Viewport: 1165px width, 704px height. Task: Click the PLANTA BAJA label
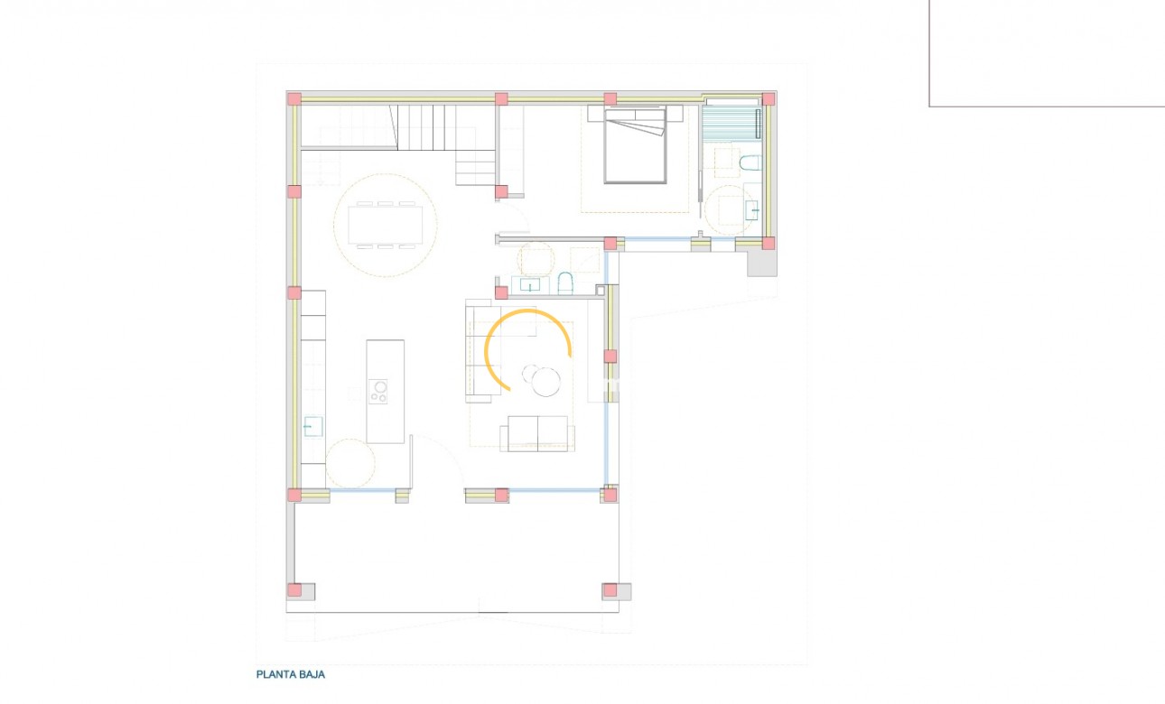click(x=290, y=674)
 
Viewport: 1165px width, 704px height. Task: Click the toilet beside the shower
click(x=750, y=163)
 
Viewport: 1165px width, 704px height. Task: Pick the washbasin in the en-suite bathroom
click(x=752, y=210)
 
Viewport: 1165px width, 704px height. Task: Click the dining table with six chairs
click(x=385, y=226)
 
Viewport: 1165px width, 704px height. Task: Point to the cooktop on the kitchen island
click(x=378, y=392)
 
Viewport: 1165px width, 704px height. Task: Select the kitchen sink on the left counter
click(x=312, y=426)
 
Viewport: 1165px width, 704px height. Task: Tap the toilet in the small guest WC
click(x=565, y=283)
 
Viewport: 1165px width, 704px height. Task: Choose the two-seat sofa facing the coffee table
click(x=537, y=433)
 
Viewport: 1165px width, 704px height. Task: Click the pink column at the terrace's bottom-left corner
click(x=294, y=590)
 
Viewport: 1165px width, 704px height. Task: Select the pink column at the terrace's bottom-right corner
click(x=610, y=590)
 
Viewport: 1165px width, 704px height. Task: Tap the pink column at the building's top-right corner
click(x=769, y=99)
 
